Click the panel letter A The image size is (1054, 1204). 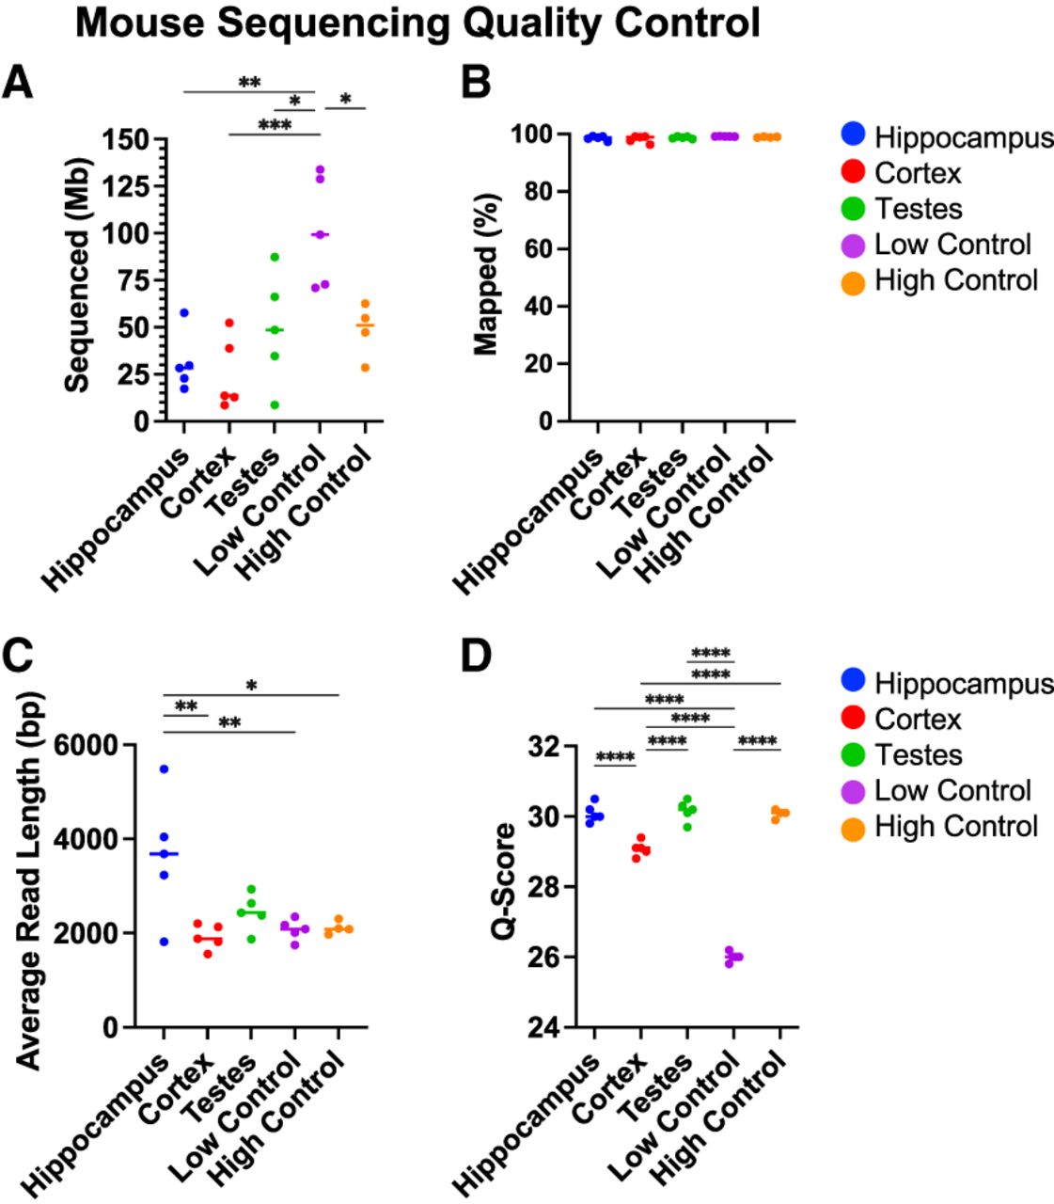click(18, 83)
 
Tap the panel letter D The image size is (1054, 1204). click(476, 657)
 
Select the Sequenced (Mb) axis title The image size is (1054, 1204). click(76, 276)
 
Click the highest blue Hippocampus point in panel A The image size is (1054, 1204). click(184, 312)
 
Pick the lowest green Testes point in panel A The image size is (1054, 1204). click(275, 404)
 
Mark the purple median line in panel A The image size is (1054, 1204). click(321, 235)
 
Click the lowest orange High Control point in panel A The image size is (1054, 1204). click(365, 368)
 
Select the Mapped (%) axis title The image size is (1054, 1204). click(486, 275)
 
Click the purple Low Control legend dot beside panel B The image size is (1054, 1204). click(853, 246)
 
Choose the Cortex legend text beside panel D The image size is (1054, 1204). click(918, 719)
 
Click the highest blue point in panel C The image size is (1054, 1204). click(165, 769)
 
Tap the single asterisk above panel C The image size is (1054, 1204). click(252, 686)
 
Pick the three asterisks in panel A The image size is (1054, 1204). click(275, 125)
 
